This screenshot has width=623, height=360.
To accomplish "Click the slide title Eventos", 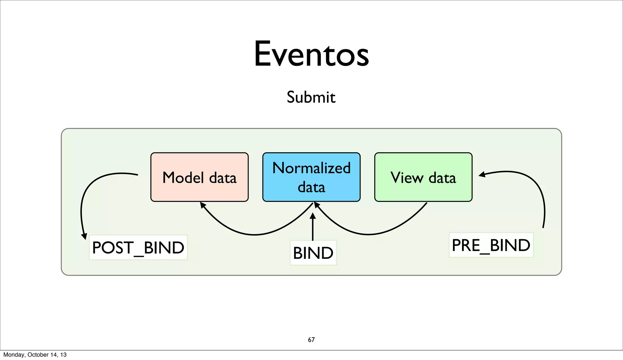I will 311,54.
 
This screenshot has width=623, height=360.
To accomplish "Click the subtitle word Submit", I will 311,97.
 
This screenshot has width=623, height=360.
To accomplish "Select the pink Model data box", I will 200,177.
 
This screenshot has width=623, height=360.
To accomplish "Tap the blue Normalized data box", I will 311,177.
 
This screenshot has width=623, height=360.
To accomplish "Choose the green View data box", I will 423,177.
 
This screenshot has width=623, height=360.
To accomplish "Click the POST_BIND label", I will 138,247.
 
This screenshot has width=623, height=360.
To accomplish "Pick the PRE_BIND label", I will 491,245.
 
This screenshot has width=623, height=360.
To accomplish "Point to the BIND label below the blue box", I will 313,253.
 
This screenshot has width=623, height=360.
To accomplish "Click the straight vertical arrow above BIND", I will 312,228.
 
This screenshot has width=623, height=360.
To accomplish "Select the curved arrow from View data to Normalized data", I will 368,234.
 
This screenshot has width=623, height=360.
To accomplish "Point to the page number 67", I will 311,340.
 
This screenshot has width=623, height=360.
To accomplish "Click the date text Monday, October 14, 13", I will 35,355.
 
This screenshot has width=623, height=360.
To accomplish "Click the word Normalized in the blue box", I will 311,168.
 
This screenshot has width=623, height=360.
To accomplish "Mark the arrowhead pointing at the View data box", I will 482,175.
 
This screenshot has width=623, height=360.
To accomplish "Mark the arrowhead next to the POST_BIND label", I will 84,236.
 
